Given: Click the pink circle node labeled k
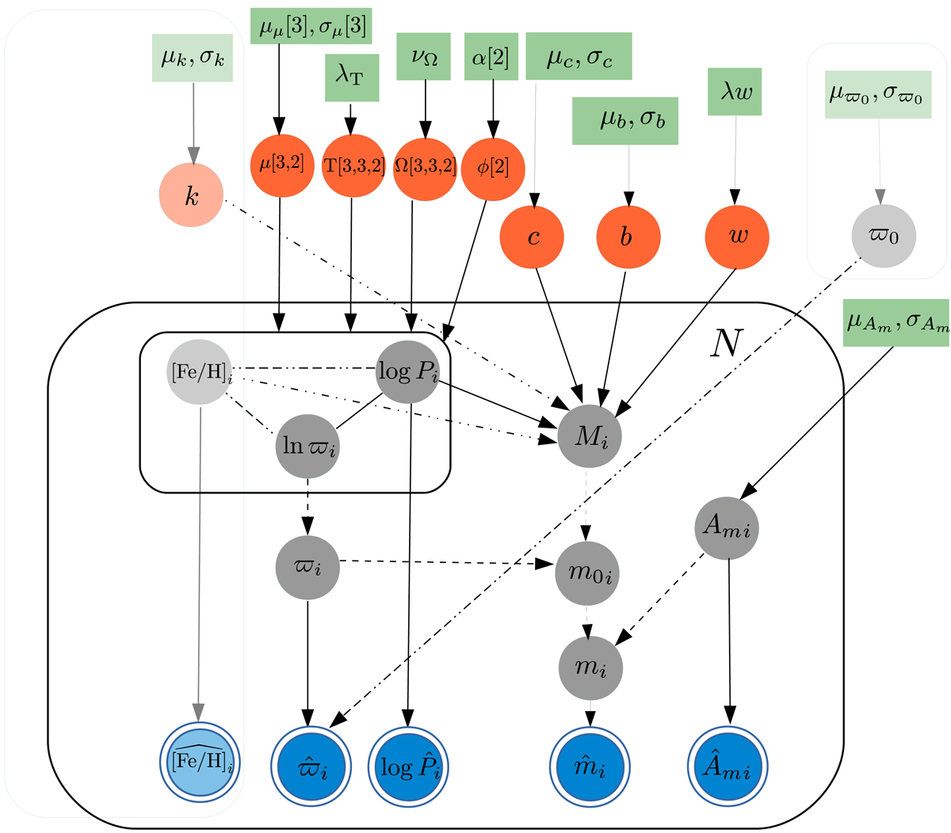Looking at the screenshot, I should pyautogui.click(x=192, y=195).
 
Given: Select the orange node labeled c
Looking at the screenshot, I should pyautogui.click(x=533, y=237).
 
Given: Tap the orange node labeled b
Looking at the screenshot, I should pyautogui.click(x=628, y=237).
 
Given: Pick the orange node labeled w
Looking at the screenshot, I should pyautogui.click(x=737, y=237).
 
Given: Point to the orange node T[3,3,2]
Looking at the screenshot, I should pyautogui.click(x=353, y=167).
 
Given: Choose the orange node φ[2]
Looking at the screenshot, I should pyautogui.click(x=492, y=169).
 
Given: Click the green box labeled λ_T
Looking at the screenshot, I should pyautogui.click(x=352, y=78).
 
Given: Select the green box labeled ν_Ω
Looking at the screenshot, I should pyautogui.click(x=424, y=56).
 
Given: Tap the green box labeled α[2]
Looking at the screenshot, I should pyautogui.click(x=491, y=56).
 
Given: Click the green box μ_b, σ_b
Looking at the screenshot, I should pyautogui.click(x=626, y=121).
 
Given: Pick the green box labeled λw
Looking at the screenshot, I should pyautogui.click(x=735, y=92).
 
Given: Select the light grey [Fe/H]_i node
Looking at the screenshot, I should pyautogui.click(x=201, y=371).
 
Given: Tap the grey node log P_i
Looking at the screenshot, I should pyautogui.click(x=407, y=372).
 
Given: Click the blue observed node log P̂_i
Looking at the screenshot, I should pyautogui.click(x=408, y=766).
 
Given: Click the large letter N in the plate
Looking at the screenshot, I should pyautogui.click(x=726, y=344).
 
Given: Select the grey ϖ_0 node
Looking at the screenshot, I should pyautogui.click(x=884, y=236).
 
